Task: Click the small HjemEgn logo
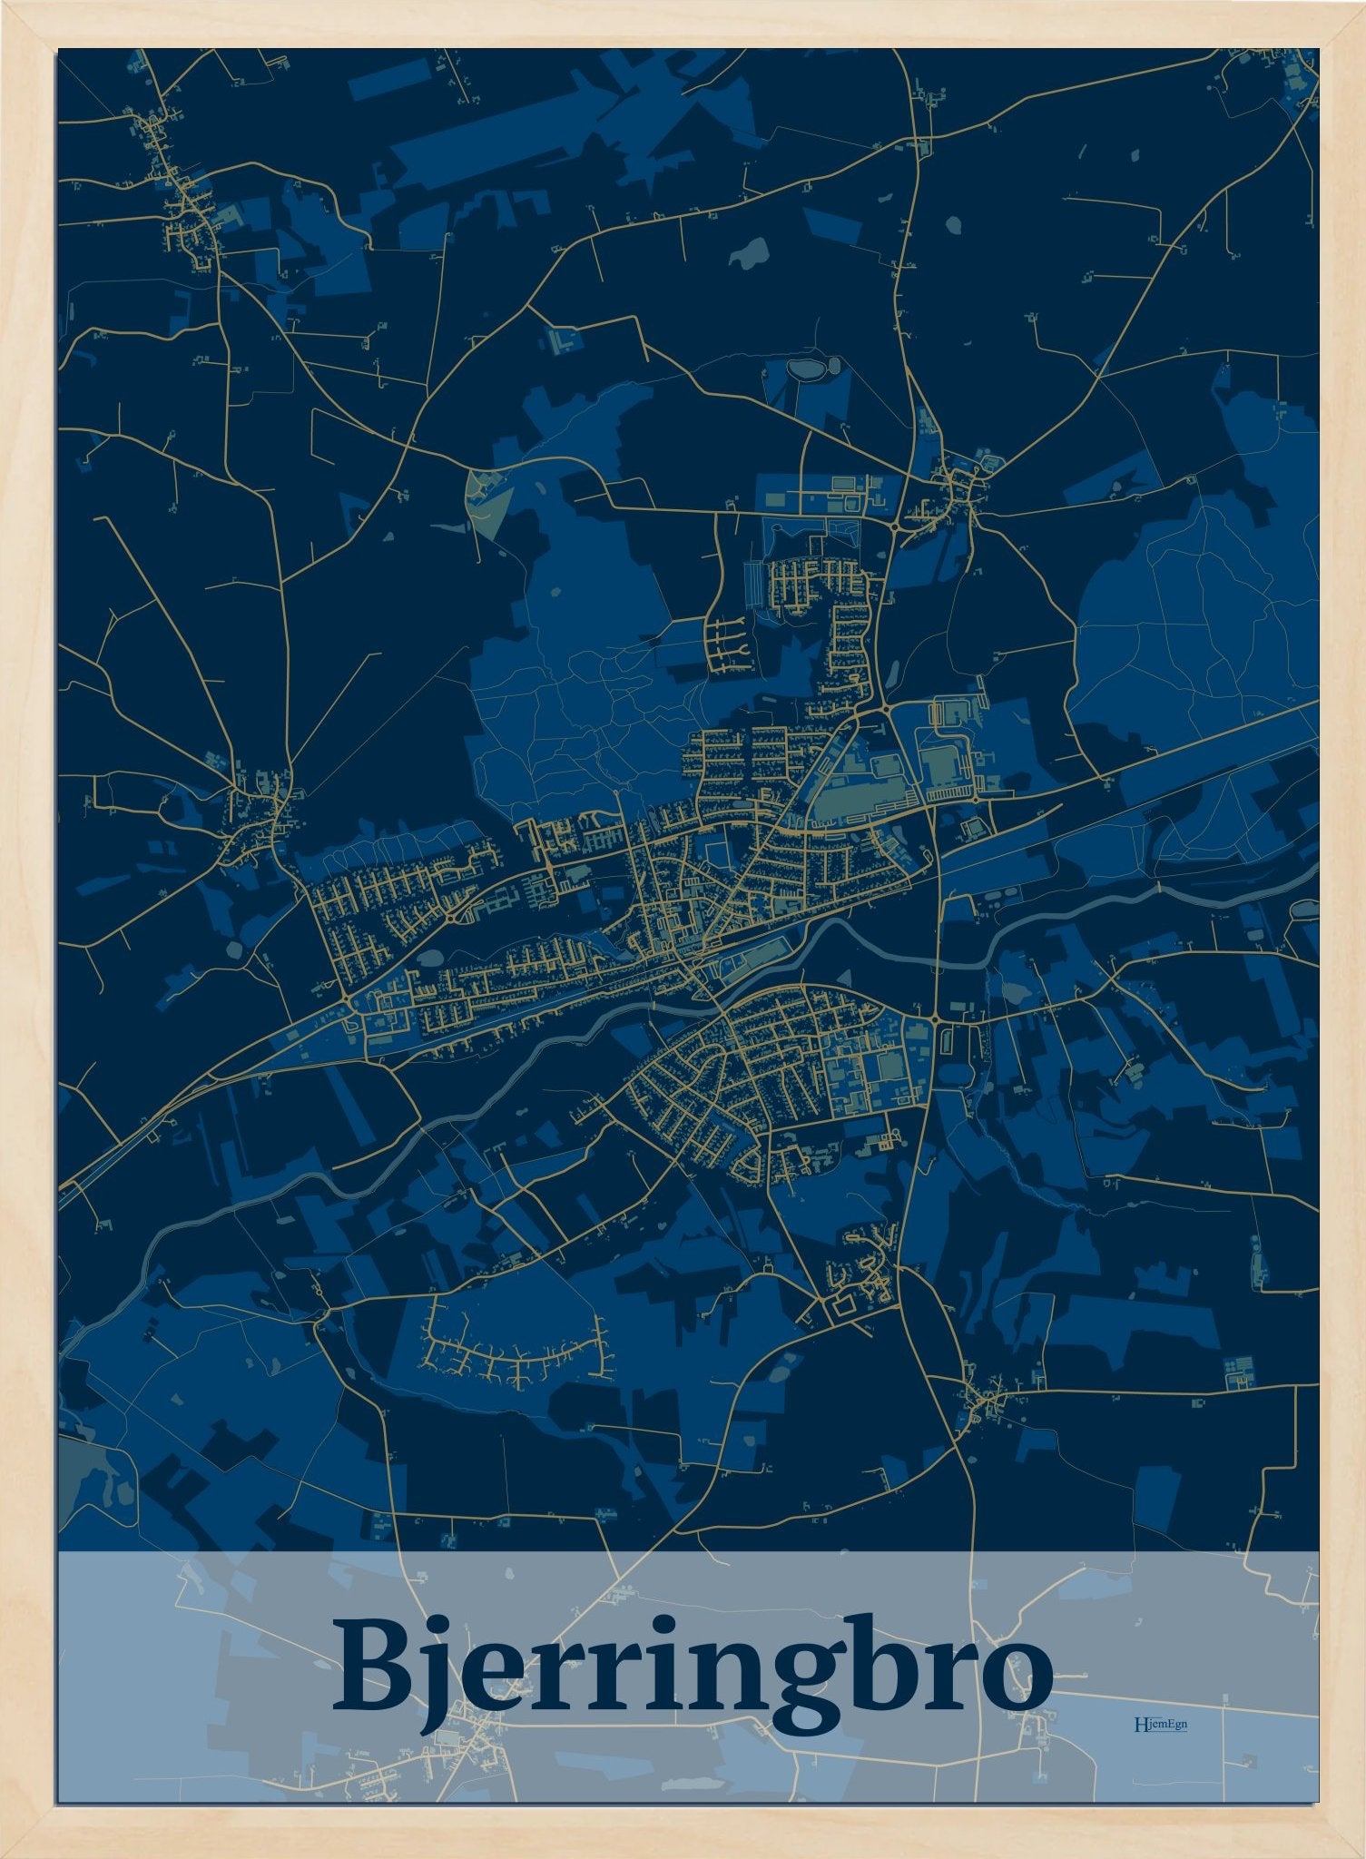[1160, 1723]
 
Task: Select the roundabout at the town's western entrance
[349, 999]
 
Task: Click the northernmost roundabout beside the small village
[895, 526]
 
